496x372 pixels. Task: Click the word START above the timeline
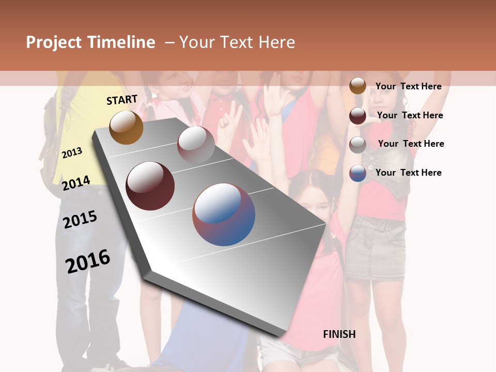tap(122, 100)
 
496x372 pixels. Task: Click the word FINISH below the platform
tap(339, 334)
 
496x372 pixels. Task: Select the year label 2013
tap(72, 152)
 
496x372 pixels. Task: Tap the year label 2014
tap(76, 183)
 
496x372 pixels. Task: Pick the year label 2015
tap(80, 220)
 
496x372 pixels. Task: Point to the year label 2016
tap(88, 261)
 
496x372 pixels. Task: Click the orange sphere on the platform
tap(126, 128)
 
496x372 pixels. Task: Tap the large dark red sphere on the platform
tap(150, 186)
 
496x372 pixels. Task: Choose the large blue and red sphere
tap(224, 214)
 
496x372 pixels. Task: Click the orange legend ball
tap(358, 86)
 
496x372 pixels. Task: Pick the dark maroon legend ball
tap(358, 116)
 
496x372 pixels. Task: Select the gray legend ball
tap(358, 145)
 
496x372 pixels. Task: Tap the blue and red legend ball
tap(358, 173)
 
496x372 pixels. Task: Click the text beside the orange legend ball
tap(408, 86)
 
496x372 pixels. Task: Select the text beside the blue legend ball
tap(408, 173)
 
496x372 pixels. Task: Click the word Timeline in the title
tap(121, 42)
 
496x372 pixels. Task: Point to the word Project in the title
tap(54, 42)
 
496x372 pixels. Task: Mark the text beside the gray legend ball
tap(411, 144)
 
